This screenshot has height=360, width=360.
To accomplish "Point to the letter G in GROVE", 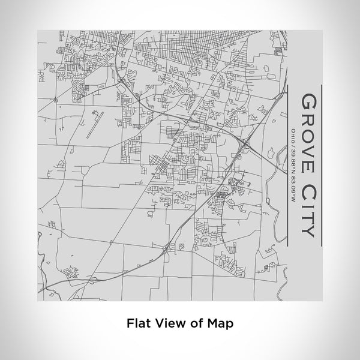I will coord(306,100).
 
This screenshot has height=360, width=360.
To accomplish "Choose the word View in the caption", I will coord(167,323).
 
